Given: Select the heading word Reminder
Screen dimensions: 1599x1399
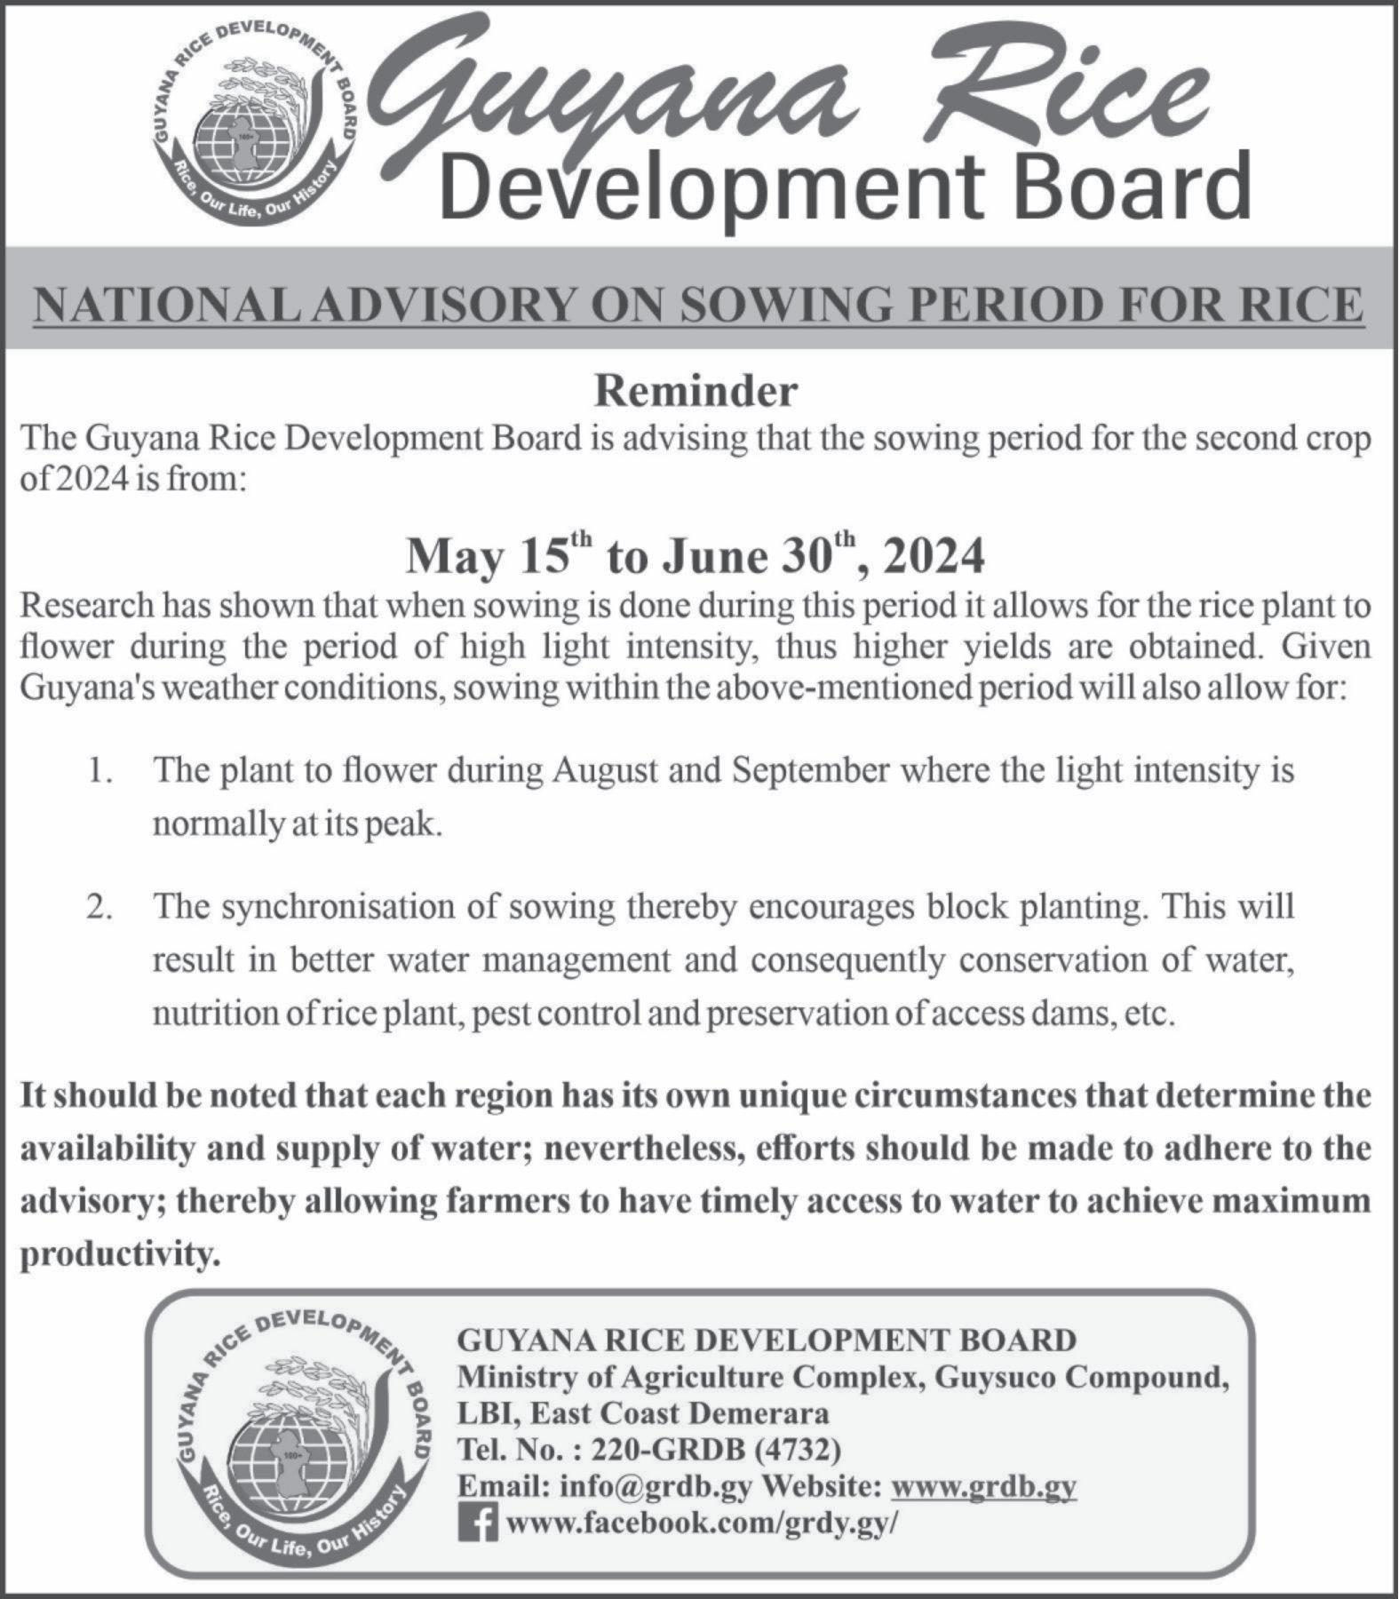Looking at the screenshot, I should pos(696,392).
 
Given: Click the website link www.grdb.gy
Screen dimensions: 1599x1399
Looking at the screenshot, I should pos(983,1486).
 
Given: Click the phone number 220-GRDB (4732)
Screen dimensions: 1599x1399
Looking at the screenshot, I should pos(715,1450).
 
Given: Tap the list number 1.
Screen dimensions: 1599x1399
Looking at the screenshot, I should pos(99,770).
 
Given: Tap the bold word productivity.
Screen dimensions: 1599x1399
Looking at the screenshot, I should pos(119,1254).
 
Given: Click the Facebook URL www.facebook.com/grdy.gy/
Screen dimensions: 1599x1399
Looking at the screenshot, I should pos(702,1523).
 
